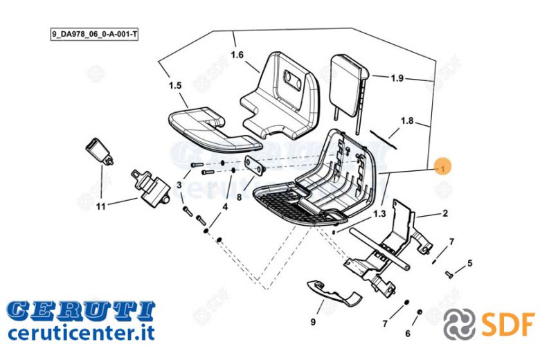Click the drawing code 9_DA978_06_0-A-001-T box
(x=94, y=35)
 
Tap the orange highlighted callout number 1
(x=442, y=168)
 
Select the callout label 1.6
(x=237, y=55)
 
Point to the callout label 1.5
(x=175, y=85)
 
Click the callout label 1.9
(x=397, y=78)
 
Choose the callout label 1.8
(x=406, y=120)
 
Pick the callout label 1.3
(x=379, y=214)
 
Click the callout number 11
(x=100, y=206)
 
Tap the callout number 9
(x=313, y=322)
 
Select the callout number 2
(x=445, y=213)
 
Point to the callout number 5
(x=470, y=264)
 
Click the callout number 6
(x=408, y=333)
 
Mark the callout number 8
(x=239, y=197)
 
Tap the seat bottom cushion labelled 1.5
(x=214, y=129)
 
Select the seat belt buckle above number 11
(x=100, y=151)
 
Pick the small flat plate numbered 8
(x=255, y=165)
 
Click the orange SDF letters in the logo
(x=508, y=325)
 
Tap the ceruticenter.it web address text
(x=81, y=332)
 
